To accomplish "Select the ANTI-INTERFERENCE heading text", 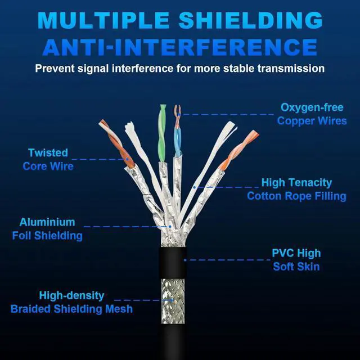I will tap(180, 47).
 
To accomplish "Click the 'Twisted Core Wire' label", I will tap(48, 159).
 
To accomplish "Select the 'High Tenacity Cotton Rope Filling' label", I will tap(296, 189).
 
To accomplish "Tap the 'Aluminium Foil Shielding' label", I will tap(47, 229).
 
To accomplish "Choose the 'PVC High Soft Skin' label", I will tap(296, 259).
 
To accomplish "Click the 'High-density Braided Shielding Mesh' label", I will tap(71, 302).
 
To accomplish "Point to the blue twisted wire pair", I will tap(178, 133).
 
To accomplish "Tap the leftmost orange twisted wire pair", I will tap(116, 143).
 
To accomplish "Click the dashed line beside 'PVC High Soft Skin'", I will tap(228, 259).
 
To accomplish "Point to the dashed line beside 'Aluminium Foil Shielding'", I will tap(127, 227).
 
